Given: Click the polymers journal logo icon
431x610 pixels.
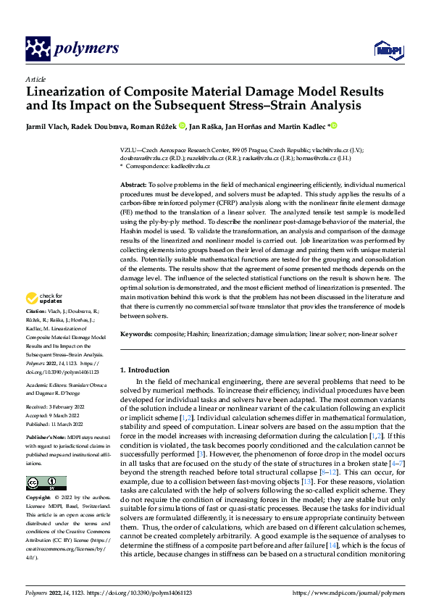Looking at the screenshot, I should coord(37,49).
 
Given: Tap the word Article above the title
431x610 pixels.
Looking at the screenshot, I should coord(35,79).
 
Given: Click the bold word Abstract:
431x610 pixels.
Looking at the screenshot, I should coord(133,185).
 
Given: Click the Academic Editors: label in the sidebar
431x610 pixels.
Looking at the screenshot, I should coord(46,386).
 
